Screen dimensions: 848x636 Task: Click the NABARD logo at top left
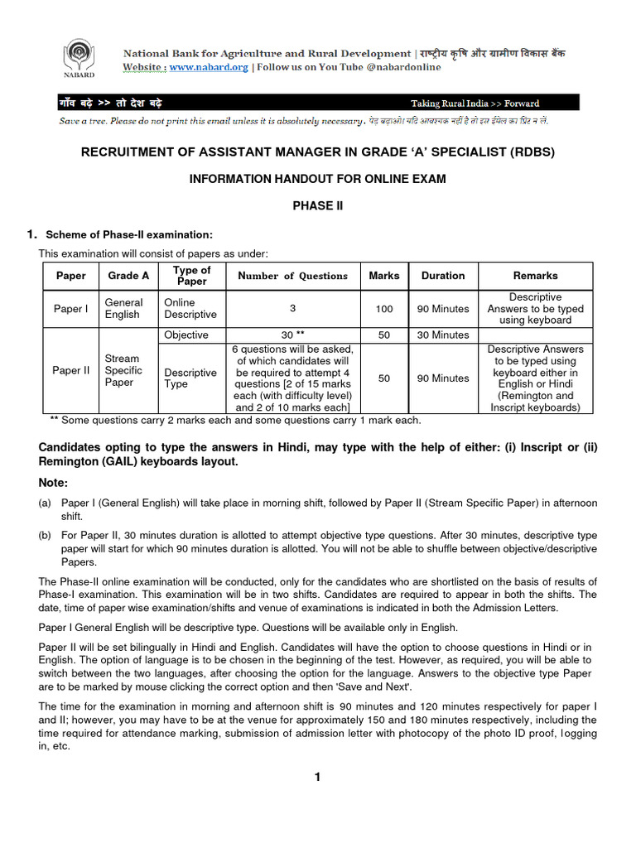point(80,60)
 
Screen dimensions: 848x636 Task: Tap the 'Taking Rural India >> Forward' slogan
point(475,104)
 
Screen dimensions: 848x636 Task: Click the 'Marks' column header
point(383,276)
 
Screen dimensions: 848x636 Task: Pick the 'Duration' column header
point(443,276)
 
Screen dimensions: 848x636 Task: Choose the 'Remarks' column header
point(535,276)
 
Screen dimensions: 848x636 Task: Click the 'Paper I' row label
point(70,309)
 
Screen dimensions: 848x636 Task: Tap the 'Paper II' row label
point(70,370)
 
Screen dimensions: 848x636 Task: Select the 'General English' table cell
point(123,309)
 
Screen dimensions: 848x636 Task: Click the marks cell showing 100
point(383,309)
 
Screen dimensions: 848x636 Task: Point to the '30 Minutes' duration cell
point(443,335)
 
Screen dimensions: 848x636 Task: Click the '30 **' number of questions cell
point(293,335)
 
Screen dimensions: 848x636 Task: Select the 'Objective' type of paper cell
point(186,335)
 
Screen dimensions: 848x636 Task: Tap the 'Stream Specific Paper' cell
point(123,370)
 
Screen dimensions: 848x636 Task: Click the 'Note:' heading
point(54,483)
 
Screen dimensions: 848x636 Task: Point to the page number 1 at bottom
point(316,776)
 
